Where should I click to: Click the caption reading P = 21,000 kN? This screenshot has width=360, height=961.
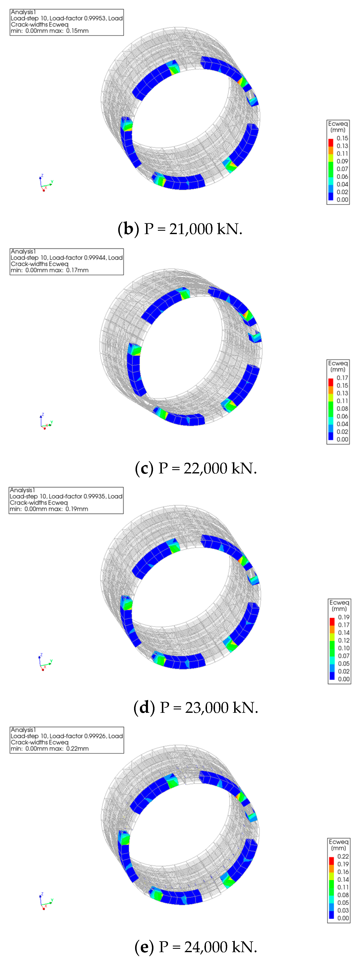pos(180,229)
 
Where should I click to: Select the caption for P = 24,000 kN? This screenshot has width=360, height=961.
pos(195,946)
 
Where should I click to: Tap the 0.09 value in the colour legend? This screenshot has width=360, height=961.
pos(342,161)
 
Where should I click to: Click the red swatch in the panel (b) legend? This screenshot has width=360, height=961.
pos(330,142)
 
